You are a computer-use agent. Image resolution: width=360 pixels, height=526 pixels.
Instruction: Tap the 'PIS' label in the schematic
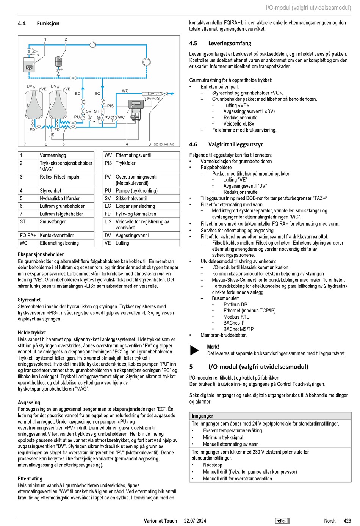110,106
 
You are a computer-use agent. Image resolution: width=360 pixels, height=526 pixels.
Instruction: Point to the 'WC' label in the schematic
125,91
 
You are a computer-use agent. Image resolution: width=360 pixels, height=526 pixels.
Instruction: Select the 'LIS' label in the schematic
51,135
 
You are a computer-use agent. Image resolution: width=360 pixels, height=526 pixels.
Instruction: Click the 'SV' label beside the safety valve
88,111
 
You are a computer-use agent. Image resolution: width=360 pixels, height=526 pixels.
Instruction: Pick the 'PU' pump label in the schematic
77,117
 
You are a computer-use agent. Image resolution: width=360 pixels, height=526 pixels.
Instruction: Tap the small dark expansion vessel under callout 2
58,61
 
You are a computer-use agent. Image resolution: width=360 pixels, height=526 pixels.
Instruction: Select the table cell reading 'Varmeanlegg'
53,155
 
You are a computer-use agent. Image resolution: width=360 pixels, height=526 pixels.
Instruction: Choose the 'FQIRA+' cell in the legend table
28,236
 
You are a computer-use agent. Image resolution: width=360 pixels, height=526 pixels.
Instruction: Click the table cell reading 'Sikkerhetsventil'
131,198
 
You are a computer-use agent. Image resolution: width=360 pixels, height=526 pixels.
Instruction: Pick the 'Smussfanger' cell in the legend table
53,221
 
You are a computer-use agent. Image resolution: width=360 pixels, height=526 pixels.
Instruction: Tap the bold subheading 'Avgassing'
29,402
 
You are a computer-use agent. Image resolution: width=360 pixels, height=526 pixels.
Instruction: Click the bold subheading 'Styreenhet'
29,300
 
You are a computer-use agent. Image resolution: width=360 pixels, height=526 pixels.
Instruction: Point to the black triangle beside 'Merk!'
194,350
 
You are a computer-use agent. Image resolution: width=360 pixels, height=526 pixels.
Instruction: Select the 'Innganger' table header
202,416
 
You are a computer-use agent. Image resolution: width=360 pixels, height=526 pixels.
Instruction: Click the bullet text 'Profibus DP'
235,305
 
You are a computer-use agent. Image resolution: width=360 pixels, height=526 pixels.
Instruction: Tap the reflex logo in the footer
282,521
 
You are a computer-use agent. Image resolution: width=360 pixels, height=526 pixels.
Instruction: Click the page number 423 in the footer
347,521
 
